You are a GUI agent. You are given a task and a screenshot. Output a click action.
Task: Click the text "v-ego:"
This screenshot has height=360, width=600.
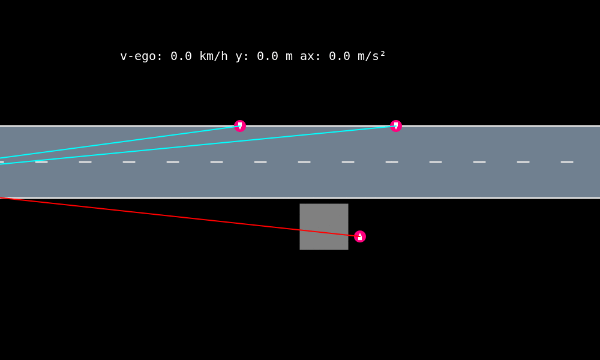[142, 56]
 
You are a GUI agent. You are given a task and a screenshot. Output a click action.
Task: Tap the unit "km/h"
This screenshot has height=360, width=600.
[214, 56]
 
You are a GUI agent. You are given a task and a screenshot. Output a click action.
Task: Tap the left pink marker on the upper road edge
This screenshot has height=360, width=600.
[240, 126]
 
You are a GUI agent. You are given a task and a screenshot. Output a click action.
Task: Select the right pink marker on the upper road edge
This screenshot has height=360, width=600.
[396, 126]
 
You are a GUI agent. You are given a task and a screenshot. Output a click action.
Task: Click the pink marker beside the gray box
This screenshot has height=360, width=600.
[360, 236]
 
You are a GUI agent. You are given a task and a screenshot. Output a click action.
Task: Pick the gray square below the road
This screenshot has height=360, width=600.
[324, 227]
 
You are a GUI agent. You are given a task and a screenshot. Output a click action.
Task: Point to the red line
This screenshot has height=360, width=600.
[180, 217]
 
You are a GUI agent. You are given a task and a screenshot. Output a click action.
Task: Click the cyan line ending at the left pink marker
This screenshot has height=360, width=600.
[120, 142]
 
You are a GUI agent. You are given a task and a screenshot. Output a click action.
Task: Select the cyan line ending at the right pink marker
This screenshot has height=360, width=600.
[198, 145]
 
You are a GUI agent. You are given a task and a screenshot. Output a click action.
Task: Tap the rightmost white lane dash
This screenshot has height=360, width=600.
[567, 162]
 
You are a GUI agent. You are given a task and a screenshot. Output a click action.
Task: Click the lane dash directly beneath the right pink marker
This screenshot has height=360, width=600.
[392, 162]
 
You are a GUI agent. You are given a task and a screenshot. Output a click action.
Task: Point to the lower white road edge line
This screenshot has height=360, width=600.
[480, 197]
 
